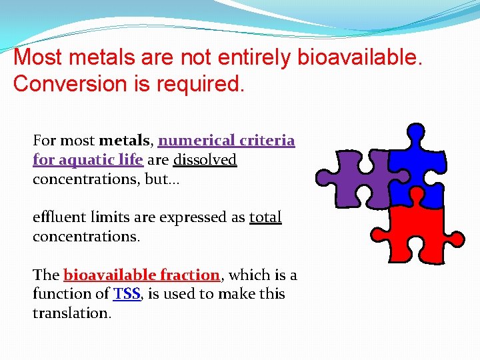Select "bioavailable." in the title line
[x=360, y=57]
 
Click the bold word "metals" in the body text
[x=126, y=141]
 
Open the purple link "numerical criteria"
[x=226, y=141]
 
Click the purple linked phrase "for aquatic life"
[x=87, y=160]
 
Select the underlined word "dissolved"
[x=205, y=160]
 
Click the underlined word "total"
[x=265, y=217]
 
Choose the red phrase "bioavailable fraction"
[x=141, y=275]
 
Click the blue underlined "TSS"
[x=127, y=294]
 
